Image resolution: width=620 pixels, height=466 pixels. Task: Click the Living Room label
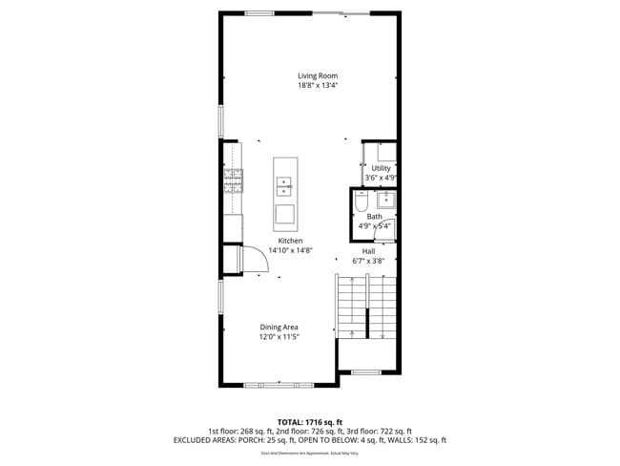coord(318,75)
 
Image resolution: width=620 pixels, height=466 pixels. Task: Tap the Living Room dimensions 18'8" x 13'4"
coord(318,86)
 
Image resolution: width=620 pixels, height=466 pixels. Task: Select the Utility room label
coord(381,168)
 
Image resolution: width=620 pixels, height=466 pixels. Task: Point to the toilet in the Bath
coord(361,202)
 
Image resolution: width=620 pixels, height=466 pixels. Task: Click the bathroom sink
coord(386,200)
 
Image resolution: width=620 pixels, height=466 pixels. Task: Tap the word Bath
coord(374,217)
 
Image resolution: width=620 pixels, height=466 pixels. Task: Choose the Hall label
coord(368,251)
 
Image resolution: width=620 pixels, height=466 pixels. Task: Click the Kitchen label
coord(290,241)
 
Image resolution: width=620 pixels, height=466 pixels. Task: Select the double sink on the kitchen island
coord(284,183)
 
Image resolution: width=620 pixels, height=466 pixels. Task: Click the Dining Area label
coord(279,328)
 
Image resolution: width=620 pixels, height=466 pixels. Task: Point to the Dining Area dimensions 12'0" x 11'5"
coord(279,337)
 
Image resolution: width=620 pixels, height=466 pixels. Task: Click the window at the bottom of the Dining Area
coord(279,385)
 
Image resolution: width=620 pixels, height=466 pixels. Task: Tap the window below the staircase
coord(366,372)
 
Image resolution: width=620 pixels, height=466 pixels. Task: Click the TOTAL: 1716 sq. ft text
coord(310,421)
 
